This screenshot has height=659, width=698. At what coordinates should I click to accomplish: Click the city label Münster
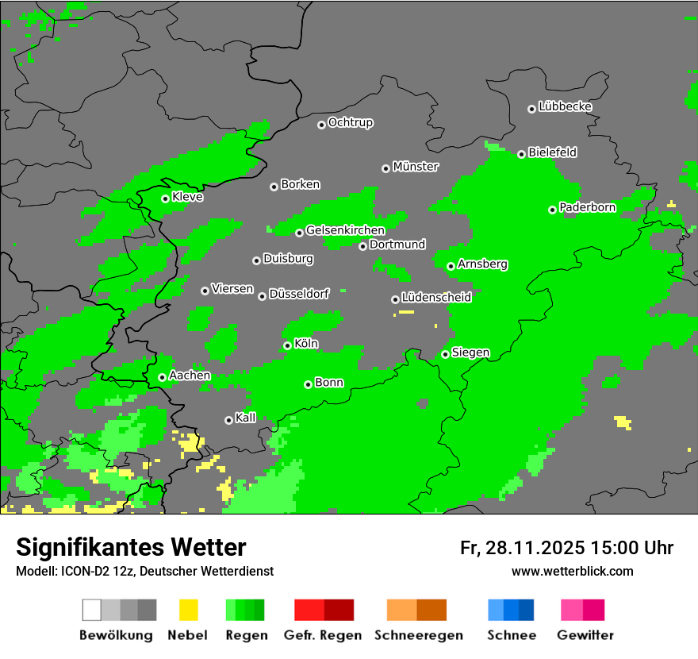[x=416, y=167]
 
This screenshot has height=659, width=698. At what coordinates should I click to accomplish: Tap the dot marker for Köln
[x=287, y=345]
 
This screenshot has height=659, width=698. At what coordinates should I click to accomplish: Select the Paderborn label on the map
[x=587, y=207]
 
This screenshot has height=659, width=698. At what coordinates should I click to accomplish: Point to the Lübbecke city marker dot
[x=531, y=109]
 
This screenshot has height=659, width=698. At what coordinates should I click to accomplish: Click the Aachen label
[x=190, y=376]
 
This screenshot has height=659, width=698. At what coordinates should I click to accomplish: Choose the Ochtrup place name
[x=350, y=123]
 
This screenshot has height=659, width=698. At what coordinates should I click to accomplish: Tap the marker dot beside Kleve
[x=165, y=198]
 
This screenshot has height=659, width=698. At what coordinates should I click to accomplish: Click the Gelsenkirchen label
[x=345, y=230]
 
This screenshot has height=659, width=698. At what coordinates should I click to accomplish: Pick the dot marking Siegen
[x=445, y=354]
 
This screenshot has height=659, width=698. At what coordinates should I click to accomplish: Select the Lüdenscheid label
[x=436, y=298]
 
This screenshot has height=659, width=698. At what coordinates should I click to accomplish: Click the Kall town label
[x=246, y=418]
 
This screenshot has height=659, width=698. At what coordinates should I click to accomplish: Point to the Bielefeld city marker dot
[x=521, y=154]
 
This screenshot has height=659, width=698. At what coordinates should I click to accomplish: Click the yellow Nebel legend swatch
[x=188, y=610]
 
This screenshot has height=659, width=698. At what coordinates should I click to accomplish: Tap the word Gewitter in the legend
[x=585, y=635]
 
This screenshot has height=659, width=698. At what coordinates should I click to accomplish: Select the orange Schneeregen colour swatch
[x=416, y=610]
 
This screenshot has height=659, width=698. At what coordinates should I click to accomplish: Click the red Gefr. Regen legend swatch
[x=324, y=610]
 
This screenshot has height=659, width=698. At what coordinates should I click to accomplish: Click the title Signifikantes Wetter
[x=131, y=547]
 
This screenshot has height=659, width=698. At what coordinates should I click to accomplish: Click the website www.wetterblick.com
[x=572, y=571]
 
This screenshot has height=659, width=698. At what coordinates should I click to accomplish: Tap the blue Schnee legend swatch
[x=510, y=610]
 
